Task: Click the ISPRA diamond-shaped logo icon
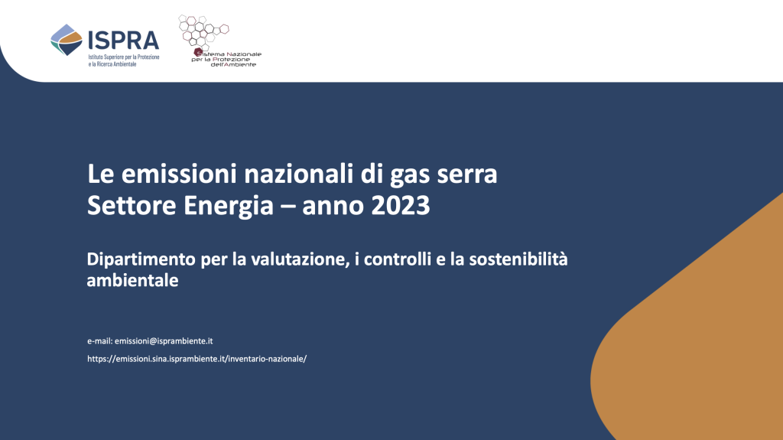click(x=67, y=40)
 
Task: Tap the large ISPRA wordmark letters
click(x=123, y=40)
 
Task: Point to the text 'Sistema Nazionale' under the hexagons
click(x=227, y=54)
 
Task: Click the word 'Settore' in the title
click(x=132, y=206)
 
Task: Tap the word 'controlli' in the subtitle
click(x=394, y=259)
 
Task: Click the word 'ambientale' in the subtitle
click(x=132, y=280)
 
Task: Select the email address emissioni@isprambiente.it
click(x=164, y=341)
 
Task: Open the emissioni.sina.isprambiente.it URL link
click(x=197, y=359)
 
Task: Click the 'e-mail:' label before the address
click(x=100, y=341)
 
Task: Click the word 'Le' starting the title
click(x=101, y=174)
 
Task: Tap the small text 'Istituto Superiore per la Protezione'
click(x=124, y=57)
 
